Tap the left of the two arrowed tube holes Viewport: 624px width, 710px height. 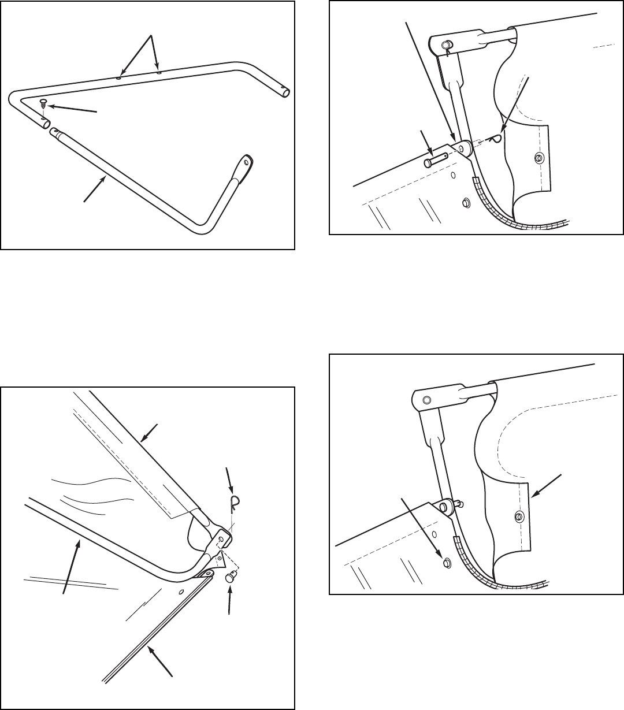click(x=118, y=75)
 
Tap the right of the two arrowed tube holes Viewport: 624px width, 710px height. click(x=159, y=73)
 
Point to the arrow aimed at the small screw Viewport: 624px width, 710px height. click(x=72, y=108)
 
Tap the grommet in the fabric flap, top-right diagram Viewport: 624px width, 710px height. click(x=538, y=158)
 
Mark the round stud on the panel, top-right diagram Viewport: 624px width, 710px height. click(x=465, y=203)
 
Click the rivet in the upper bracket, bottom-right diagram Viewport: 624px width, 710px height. click(x=426, y=400)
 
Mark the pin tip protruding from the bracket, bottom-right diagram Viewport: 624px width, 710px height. click(x=460, y=503)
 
